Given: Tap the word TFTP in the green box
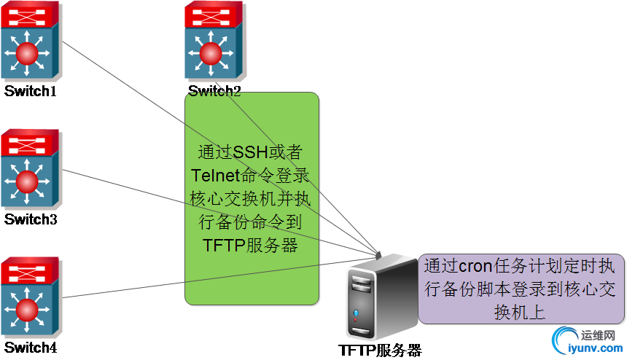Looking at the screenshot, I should tap(223, 245).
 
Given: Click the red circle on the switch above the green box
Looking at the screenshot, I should tap(211, 52).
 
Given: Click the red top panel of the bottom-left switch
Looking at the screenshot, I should tap(29, 269).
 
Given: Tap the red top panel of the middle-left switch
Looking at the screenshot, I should tap(29, 142).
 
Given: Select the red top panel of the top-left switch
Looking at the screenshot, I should tap(29, 14).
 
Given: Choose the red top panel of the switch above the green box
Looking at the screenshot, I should tap(211, 14).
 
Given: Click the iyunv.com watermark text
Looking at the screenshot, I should tap(591, 348).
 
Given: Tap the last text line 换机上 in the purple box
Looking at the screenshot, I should tap(520, 311).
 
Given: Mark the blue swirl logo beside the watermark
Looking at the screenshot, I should tap(564, 340).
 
